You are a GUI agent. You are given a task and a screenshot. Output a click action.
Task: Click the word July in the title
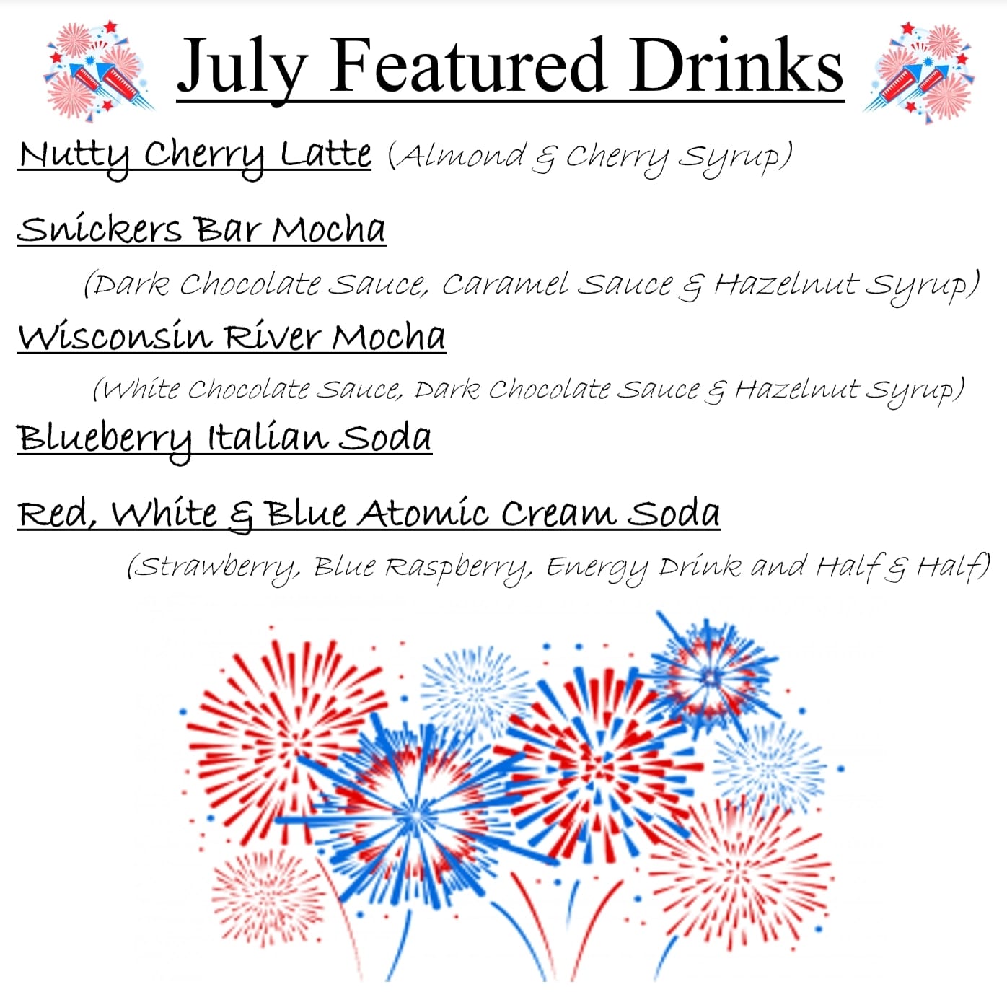(242, 70)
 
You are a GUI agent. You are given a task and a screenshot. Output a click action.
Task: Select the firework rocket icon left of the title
(98, 71)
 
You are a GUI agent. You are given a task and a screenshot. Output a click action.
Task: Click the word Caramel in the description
(505, 284)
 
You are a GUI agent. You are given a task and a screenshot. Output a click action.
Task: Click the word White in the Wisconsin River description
(141, 389)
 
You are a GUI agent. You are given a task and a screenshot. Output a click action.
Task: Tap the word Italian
(268, 438)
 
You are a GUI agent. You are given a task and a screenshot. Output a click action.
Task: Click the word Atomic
(423, 513)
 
